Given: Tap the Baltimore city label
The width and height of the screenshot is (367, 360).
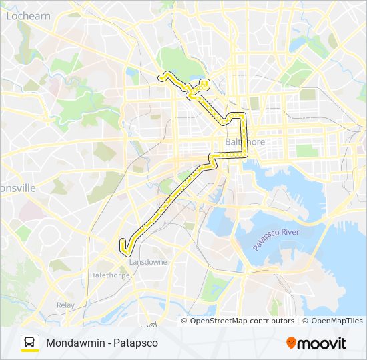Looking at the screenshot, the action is (x=245, y=143).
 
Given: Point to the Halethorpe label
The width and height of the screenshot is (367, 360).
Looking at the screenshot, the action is (x=109, y=274).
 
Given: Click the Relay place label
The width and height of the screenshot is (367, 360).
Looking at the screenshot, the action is (x=65, y=305).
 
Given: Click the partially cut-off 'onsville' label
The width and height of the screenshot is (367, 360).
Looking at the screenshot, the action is (x=17, y=188).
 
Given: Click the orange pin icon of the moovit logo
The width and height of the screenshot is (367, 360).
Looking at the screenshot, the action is (x=291, y=343).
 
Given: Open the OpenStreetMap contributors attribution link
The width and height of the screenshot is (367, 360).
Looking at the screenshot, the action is (x=242, y=321).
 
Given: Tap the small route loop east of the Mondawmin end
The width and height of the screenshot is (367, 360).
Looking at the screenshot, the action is (x=204, y=84).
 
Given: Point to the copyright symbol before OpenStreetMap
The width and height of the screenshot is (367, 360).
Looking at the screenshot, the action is (x=186, y=321).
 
